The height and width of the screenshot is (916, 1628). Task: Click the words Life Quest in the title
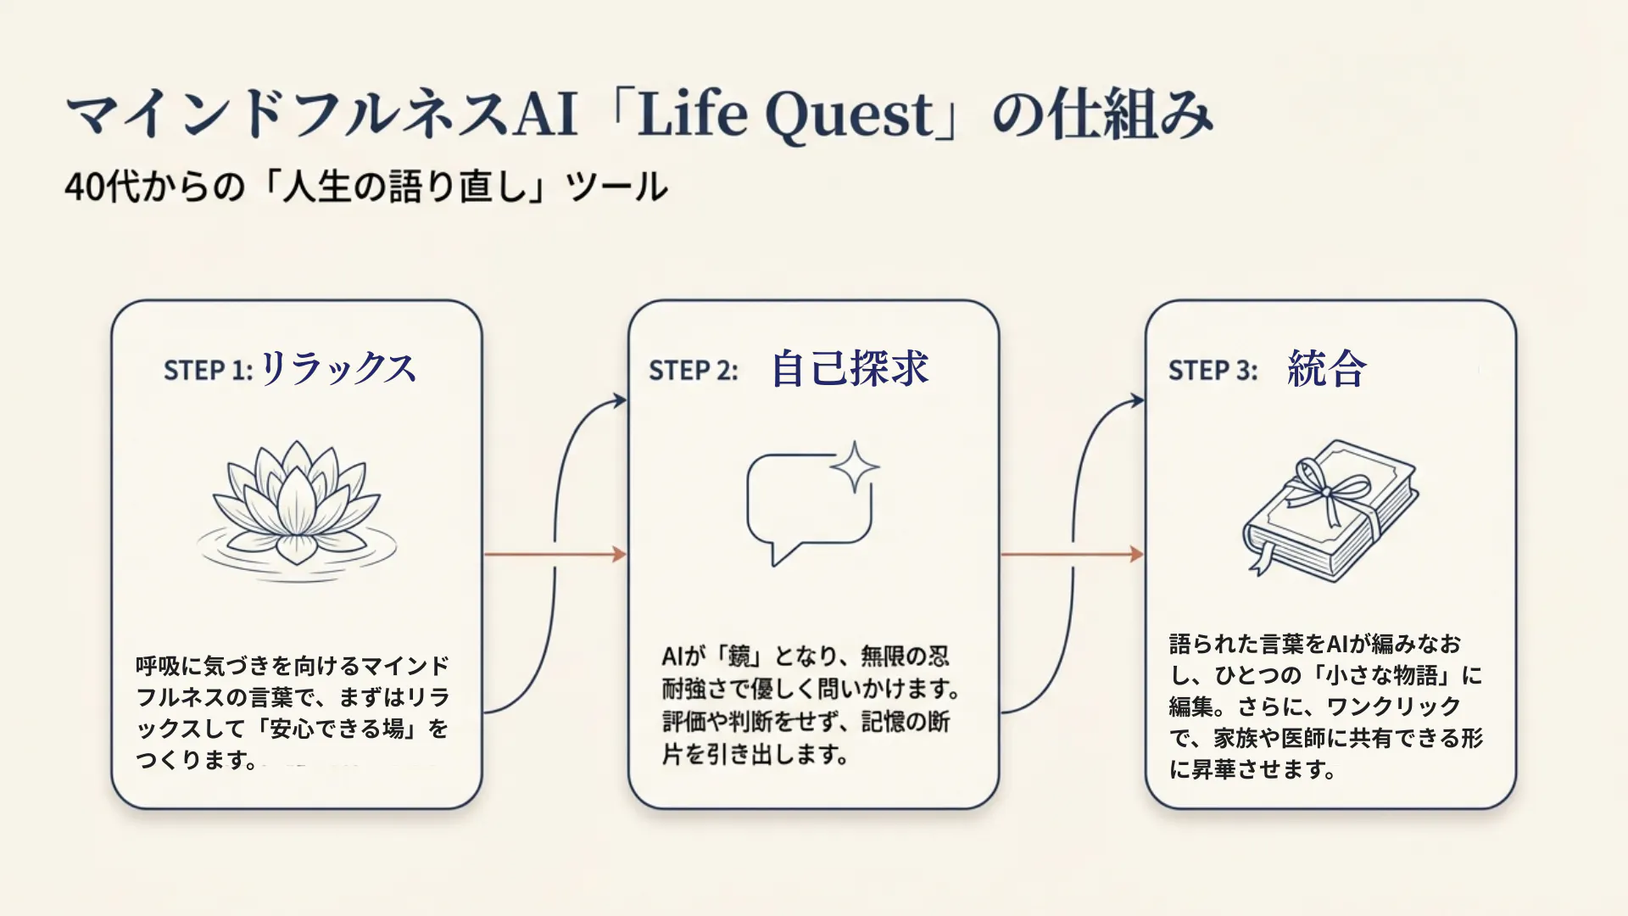[785, 115]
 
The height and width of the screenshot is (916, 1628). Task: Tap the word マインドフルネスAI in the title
[322, 115]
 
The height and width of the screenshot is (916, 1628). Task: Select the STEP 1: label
[208, 371]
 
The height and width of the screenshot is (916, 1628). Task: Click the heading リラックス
[337, 369]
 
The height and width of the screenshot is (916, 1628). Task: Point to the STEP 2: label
[693, 371]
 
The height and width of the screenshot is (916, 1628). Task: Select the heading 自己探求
[850, 369]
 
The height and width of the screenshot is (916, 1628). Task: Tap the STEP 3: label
[1213, 371]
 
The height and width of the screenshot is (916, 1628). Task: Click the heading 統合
[1326, 369]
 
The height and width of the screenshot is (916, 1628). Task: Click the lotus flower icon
[296, 506]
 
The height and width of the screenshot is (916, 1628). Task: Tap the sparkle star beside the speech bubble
[854, 466]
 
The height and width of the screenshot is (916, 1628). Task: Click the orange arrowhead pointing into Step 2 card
[620, 555]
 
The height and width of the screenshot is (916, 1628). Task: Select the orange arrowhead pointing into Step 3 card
[1137, 555]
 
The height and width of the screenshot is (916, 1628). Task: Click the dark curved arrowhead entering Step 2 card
[620, 400]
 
